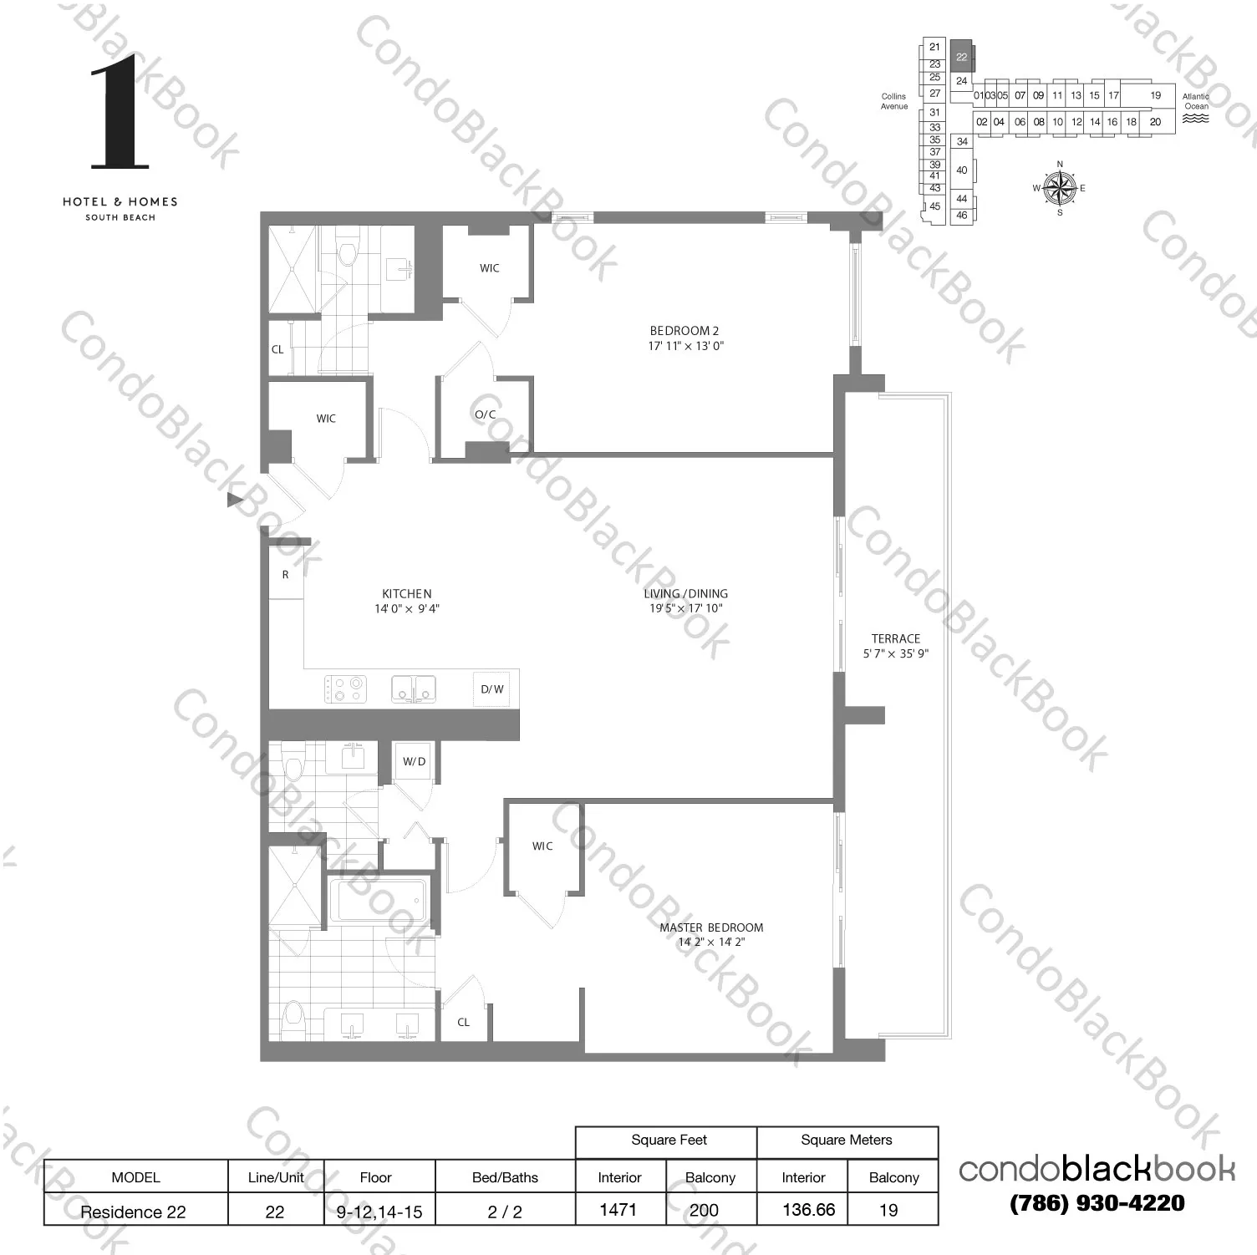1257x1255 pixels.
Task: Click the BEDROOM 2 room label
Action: click(684, 331)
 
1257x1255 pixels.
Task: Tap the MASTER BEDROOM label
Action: click(711, 927)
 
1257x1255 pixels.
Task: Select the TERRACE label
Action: click(895, 638)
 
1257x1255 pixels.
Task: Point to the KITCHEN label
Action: click(407, 594)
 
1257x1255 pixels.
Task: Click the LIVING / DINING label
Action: click(685, 594)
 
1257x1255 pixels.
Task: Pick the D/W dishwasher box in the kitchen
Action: click(492, 689)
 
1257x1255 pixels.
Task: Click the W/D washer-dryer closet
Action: click(414, 761)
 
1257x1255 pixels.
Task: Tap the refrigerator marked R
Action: click(286, 575)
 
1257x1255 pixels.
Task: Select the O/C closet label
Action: click(486, 414)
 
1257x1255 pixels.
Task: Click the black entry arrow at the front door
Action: click(236, 500)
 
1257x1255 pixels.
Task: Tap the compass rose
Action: click(1060, 187)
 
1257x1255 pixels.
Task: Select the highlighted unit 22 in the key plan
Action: click(962, 57)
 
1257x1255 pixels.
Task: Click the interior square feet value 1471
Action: click(618, 1209)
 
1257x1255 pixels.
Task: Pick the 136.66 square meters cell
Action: click(808, 1209)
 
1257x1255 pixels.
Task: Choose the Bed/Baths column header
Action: click(505, 1177)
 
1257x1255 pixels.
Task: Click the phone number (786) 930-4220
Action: click(1097, 1203)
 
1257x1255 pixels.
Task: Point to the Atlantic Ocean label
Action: click(1196, 101)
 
